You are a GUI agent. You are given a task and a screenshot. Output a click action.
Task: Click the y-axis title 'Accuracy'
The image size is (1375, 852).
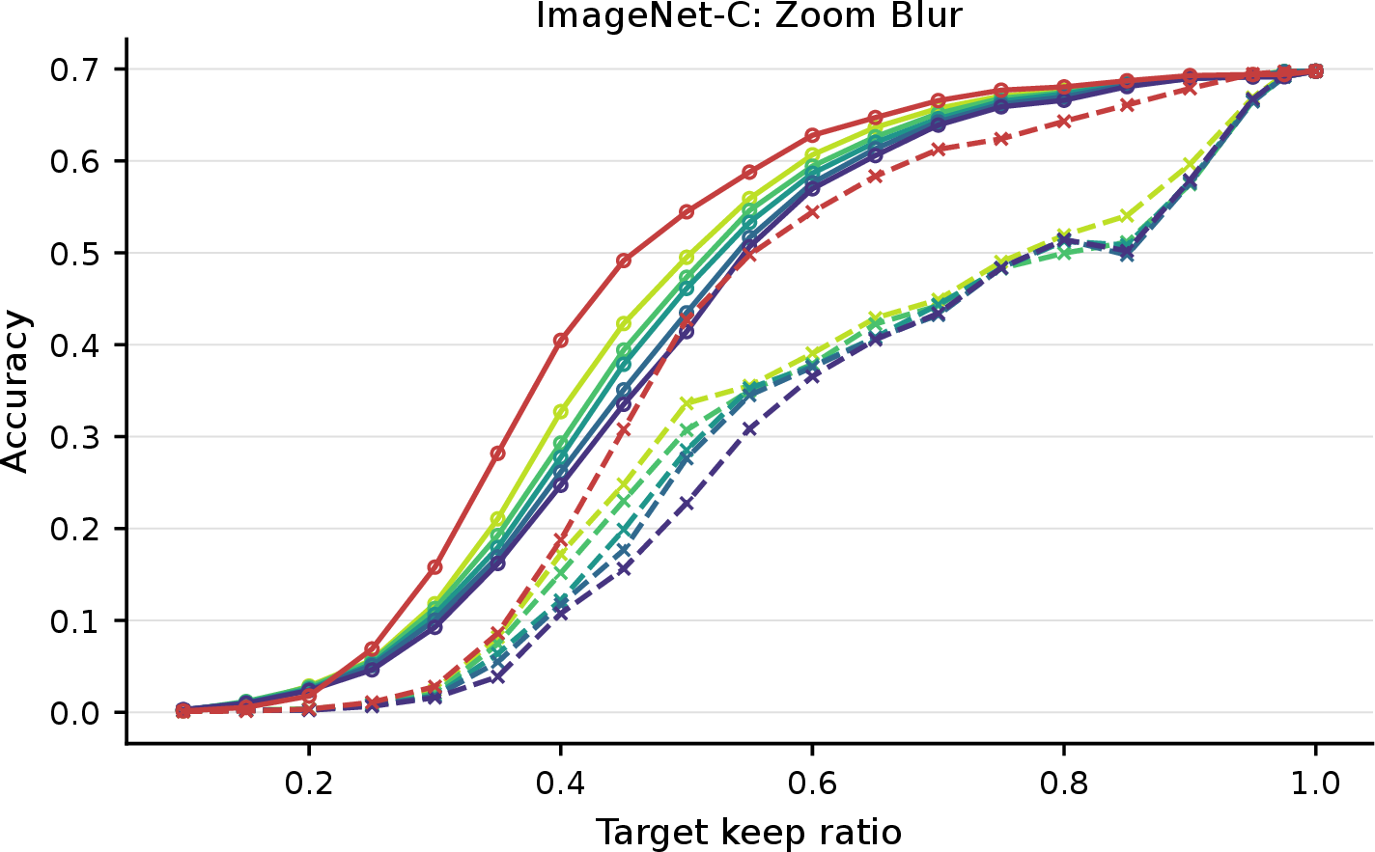[14, 392]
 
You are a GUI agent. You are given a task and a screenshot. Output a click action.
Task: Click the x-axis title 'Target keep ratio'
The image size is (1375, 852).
[749, 833]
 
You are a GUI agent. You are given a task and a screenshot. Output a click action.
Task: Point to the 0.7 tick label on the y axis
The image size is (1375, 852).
[74, 69]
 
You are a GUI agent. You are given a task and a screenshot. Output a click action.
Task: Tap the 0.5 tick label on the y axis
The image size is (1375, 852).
[74, 254]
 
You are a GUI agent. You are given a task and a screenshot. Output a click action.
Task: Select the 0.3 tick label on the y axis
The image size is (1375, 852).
[74, 437]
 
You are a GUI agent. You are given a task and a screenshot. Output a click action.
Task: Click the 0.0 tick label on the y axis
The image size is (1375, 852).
[74, 713]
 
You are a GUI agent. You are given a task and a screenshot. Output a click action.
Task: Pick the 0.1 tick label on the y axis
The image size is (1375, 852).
[74, 620]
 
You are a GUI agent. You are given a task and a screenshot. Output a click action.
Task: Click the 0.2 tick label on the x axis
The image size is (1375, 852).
[309, 783]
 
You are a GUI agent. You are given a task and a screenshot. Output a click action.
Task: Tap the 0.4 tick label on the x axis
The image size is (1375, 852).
[560, 783]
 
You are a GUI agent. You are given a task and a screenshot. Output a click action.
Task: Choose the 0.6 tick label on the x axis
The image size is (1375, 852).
[812, 783]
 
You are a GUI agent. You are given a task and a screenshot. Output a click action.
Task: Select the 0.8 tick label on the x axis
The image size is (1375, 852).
[1064, 783]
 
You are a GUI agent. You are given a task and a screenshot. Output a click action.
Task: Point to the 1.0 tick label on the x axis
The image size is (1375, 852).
[1315, 783]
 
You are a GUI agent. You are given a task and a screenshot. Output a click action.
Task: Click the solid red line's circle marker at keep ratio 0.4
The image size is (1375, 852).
[560, 341]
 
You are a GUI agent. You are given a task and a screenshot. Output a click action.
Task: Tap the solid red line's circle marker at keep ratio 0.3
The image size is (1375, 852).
[435, 566]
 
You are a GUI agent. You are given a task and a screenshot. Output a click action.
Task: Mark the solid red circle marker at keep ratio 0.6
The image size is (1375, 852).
[812, 135]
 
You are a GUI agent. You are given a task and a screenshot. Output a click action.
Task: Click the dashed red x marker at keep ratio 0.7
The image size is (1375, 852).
[938, 149]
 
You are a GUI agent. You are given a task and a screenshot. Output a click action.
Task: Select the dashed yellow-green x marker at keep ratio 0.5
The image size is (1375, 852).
[687, 403]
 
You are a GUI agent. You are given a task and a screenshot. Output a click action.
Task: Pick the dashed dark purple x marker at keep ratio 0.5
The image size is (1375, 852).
[687, 504]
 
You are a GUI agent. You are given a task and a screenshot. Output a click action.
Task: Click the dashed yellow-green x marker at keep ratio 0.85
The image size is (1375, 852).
[1127, 216]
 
